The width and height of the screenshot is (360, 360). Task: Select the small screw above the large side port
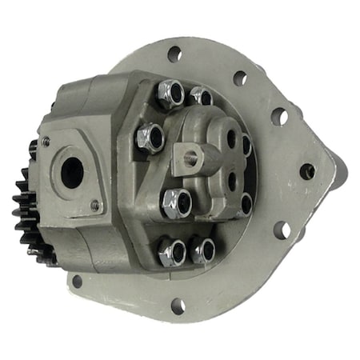pyautogui.click(x=46, y=142)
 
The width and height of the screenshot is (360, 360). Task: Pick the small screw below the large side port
pyautogui.click(x=94, y=206)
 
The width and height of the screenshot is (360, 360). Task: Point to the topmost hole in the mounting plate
pyautogui.click(x=174, y=54)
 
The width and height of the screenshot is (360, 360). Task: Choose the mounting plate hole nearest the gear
pyautogui.click(x=77, y=281)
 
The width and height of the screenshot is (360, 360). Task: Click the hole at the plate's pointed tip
pyautogui.click(x=307, y=170)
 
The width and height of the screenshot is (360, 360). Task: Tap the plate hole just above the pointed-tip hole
pyautogui.click(x=279, y=117)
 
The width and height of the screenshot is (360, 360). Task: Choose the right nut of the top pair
pyautogui.click(x=201, y=97)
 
